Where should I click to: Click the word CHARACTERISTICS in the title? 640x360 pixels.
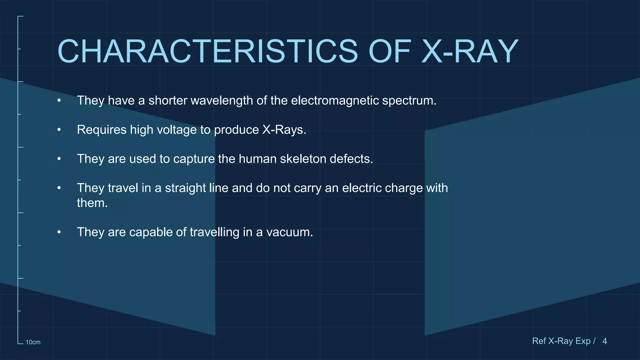click(207, 52)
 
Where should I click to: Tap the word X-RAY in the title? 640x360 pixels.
click(470, 52)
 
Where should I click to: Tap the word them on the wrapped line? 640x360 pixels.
click(92, 203)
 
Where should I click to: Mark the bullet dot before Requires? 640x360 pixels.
click(59, 130)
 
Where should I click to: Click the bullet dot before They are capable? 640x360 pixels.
click(59, 232)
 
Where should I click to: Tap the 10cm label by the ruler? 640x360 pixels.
click(33, 342)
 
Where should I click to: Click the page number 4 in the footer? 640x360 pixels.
click(604, 341)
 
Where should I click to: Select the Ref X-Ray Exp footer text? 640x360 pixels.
click(561, 341)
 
